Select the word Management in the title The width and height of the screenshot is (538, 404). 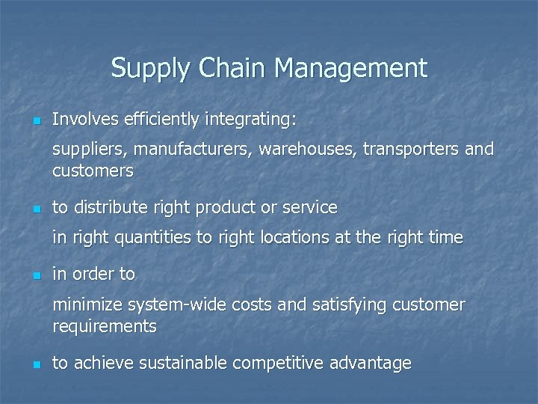tap(350, 69)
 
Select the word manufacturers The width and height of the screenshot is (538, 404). tap(189, 150)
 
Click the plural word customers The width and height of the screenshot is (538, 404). tap(93, 171)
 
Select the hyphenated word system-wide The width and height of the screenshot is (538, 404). tap(173, 304)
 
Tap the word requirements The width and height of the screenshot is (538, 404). tap(105, 326)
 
